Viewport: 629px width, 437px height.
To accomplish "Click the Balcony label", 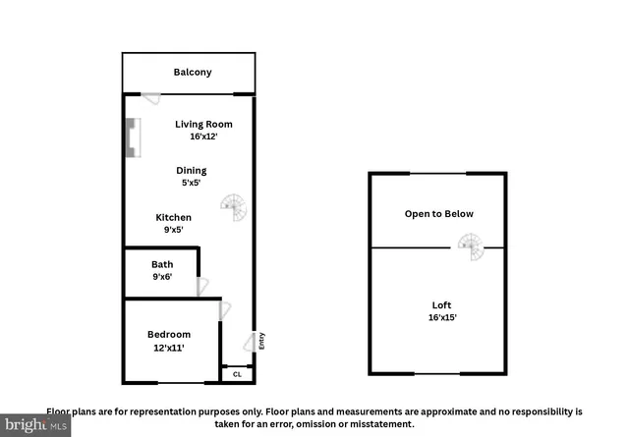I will pos(193,73).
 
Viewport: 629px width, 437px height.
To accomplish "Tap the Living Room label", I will pos(203,125).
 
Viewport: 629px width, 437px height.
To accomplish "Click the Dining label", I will pos(191,171).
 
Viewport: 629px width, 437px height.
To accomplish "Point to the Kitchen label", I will pos(174,218).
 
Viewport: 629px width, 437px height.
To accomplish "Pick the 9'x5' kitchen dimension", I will pos(174,230).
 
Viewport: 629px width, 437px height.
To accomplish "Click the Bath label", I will pos(162,264).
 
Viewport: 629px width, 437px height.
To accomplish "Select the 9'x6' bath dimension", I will pos(162,277).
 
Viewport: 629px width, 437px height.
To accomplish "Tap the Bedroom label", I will pos(169,335).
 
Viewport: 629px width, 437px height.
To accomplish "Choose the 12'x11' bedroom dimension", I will pos(169,348).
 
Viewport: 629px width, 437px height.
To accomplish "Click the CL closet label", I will pos(237,374).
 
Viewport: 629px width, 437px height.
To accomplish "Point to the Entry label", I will pos(262,341).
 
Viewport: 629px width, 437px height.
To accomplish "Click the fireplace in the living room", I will pos(132,138).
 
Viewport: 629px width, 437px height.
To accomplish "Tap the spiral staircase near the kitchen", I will pos(234,207).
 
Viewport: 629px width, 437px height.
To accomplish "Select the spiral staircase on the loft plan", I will pos(472,246).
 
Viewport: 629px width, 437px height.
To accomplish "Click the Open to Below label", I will pos(438,214).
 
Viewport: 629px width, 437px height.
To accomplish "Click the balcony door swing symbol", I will pos(150,98).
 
